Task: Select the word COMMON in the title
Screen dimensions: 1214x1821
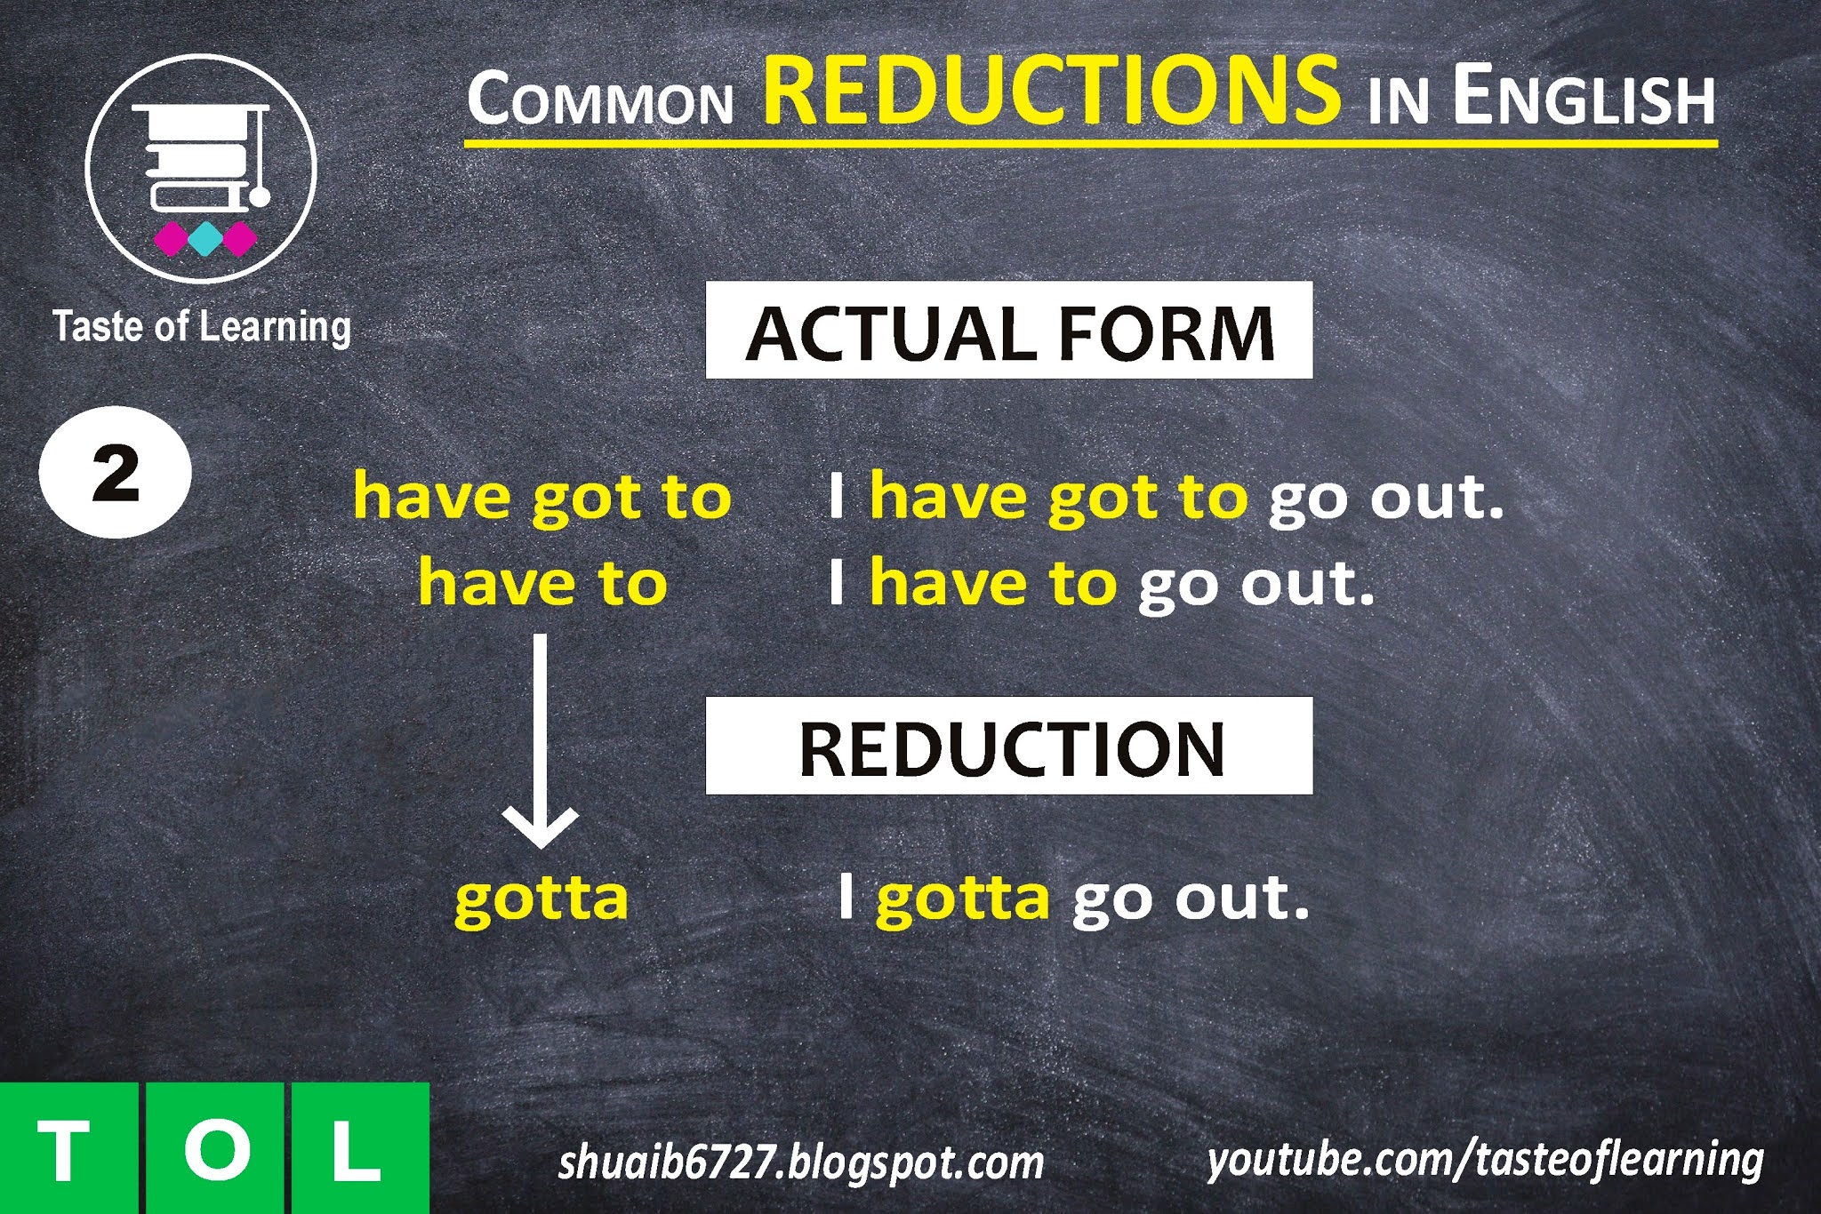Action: (600, 100)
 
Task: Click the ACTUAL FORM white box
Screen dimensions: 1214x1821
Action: (1008, 331)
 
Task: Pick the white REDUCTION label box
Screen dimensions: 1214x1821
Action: (1008, 746)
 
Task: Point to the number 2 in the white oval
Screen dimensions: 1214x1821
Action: (116, 473)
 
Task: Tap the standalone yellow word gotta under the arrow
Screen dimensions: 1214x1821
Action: (541, 899)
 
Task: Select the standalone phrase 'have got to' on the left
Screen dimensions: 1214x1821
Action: (541, 496)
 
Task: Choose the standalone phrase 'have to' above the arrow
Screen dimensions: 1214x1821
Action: (542, 584)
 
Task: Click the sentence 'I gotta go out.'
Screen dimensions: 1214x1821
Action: (1073, 899)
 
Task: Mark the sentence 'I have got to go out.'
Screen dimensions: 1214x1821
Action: (1165, 496)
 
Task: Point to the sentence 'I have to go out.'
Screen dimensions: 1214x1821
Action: (1101, 584)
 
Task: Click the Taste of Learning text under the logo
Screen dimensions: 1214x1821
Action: (202, 327)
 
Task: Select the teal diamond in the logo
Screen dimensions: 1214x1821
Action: (204, 238)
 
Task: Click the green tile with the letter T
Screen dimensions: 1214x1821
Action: (68, 1148)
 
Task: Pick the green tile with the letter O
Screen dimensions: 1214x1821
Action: (214, 1148)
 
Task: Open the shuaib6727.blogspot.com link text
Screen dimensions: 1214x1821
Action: (801, 1162)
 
